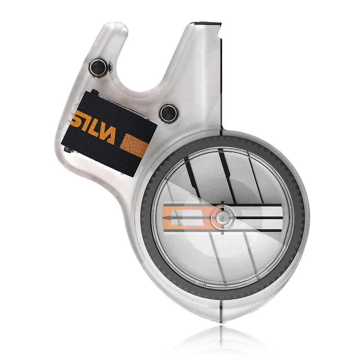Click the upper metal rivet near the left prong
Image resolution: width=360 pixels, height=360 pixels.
pyautogui.click(x=98, y=68)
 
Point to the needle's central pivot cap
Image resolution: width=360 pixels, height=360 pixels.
pyautogui.click(x=222, y=217)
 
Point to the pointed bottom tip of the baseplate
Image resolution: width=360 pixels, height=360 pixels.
pyautogui.click(x=221, y=322)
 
